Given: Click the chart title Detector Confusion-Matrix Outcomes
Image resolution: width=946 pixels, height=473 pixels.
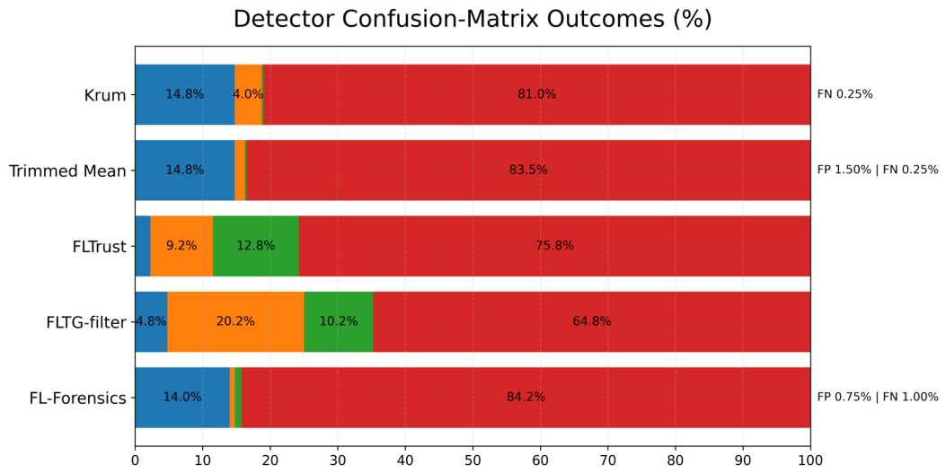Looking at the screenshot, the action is (473, 19).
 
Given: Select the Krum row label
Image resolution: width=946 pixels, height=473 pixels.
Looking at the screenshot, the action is (105, 95).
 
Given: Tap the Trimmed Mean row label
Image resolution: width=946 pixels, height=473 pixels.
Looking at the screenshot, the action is (67, 171).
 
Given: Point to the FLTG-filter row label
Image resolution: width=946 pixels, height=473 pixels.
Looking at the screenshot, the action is (86, 322).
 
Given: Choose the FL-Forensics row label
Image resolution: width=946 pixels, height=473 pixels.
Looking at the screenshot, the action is (78, 399).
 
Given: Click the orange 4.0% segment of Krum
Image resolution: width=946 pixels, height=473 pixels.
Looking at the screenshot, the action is (248, 94).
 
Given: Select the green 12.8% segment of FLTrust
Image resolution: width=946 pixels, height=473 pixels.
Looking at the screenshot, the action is (256, 246).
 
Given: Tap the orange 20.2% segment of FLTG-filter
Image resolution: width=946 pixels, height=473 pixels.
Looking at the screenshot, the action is (236, 321).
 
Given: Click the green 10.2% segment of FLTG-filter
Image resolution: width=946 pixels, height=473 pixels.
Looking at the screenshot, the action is (339, 321).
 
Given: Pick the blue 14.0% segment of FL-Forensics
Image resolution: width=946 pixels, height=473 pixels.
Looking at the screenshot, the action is (182, 398).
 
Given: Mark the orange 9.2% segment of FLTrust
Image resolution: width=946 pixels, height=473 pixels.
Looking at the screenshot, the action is (181, 246).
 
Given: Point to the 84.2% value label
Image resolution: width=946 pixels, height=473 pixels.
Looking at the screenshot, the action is (526, 397).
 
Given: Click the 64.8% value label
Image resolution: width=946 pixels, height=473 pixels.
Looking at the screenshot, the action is (592, 321).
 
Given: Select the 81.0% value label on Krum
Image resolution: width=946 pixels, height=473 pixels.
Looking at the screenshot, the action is (537, 94).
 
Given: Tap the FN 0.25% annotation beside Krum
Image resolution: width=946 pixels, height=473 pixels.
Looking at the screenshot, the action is (844, 94).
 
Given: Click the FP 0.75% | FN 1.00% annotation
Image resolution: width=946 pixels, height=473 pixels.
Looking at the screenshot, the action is (878, 397).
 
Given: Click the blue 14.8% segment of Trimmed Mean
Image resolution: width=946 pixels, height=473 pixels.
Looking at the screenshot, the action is (184, 171).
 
